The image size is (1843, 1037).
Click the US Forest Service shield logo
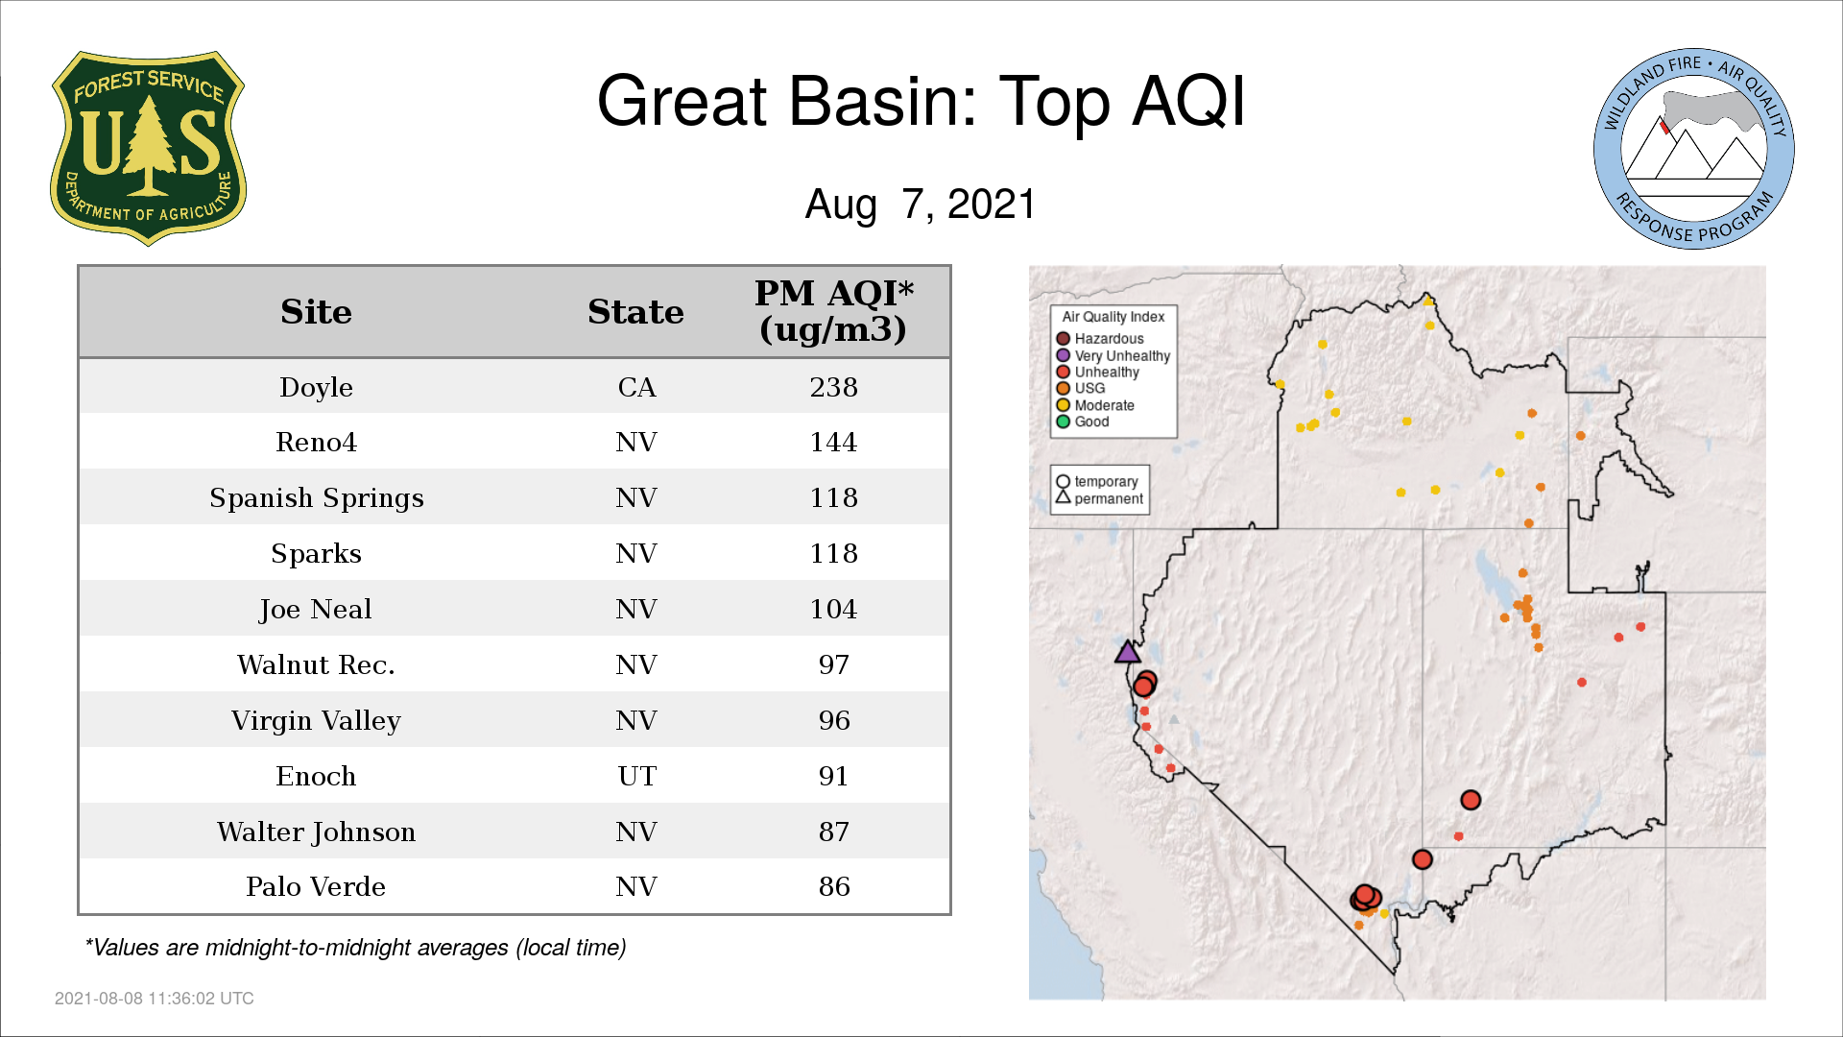coord(148,148)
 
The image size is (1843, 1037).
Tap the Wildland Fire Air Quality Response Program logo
coord(1693,149)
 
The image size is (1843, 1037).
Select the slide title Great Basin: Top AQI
coord(921,101)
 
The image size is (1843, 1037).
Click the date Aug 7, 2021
coord(921,204)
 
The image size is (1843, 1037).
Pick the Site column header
coord(316,312)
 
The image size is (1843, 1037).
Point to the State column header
coord(635,312)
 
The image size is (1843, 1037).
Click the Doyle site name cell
coord(316,387)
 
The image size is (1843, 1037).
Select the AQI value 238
coord(833,387)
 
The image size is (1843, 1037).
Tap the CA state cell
coord(636,387)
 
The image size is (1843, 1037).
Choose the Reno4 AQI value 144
coord(833,442)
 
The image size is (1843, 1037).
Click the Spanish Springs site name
coord(316,498)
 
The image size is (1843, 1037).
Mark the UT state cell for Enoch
coord(636,776)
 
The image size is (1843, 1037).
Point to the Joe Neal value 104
coord(833,609)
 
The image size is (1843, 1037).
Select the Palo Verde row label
coord(316,886)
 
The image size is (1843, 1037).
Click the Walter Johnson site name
coord(316,832)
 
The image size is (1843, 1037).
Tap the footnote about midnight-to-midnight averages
coord(355,948)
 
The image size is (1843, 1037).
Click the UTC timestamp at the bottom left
coord(155,999)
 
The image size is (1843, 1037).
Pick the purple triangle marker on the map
coord(1128,653)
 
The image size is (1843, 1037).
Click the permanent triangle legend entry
coord(1100,498)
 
